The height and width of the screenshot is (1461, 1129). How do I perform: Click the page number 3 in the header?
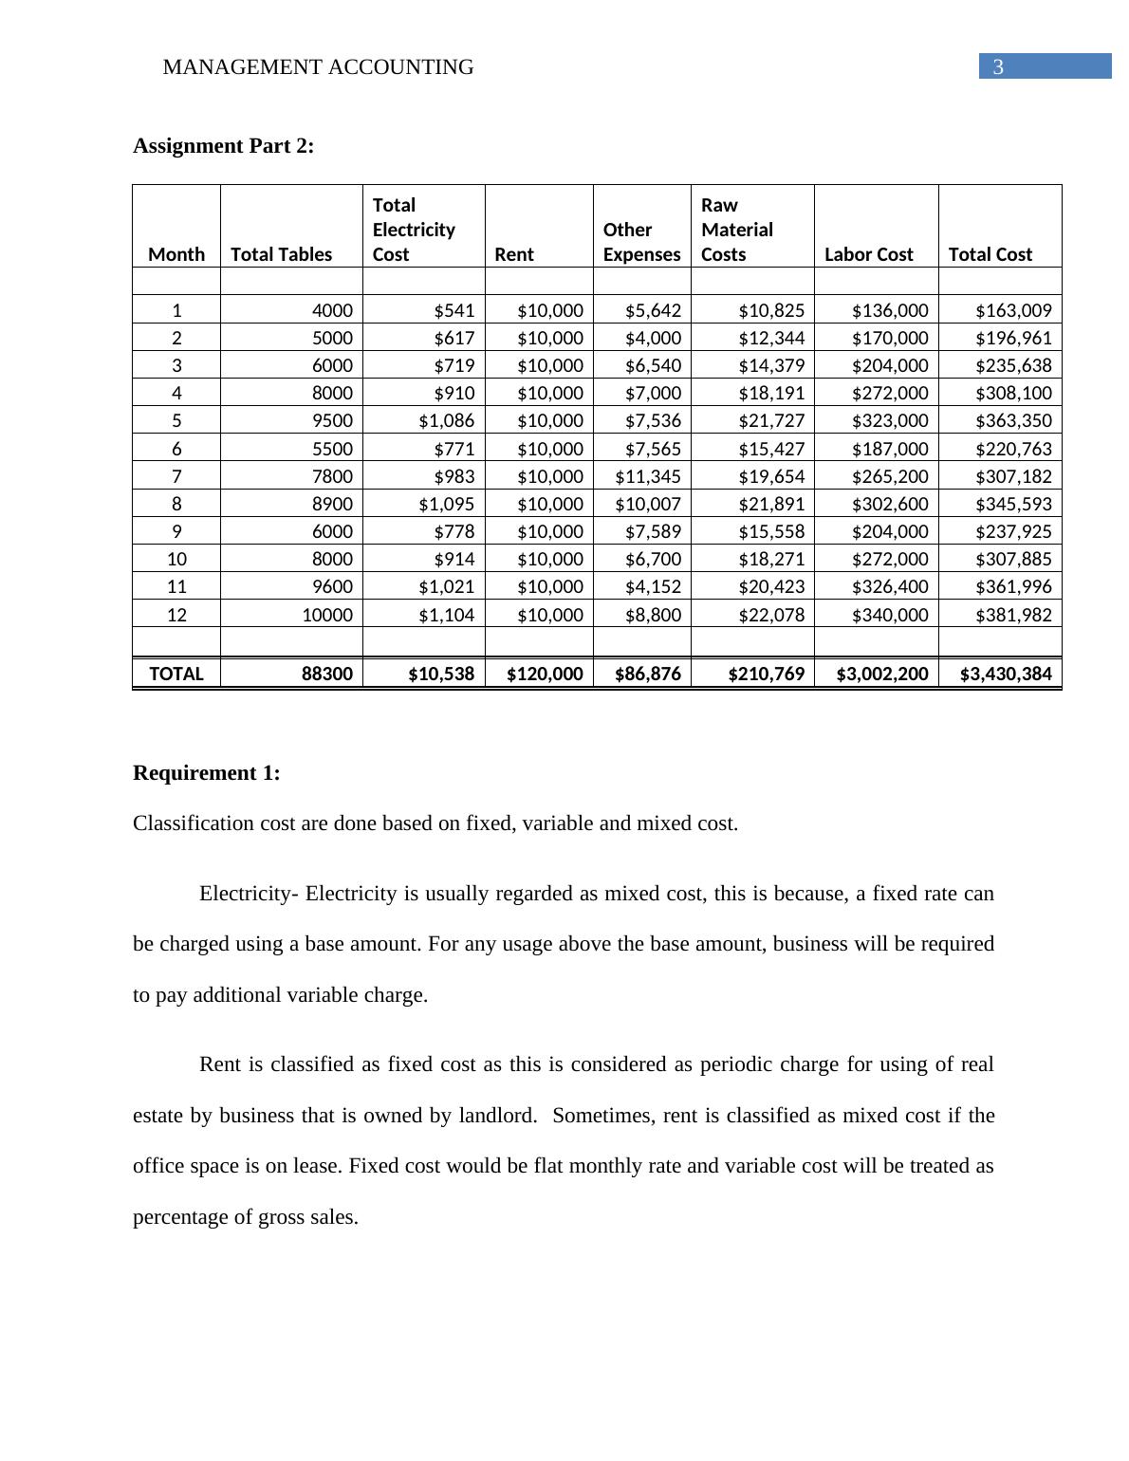click(998, 67)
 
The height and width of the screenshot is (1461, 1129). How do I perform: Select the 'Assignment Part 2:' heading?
click(223, 146)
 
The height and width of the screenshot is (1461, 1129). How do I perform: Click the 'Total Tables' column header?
click(282, 254)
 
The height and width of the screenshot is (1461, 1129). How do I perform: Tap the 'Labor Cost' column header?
click(869, 254)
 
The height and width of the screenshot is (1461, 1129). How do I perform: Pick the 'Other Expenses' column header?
click(641, 243)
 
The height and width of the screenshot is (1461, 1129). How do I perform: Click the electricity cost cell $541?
click(453, 310)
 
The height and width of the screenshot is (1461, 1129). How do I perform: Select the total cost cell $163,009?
click(1013, 310)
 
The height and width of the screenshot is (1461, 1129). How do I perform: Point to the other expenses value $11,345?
click(648, 476)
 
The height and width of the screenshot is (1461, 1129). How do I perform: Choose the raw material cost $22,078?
click(771, 615)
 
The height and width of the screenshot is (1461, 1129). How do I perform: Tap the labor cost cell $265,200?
click(890, 476)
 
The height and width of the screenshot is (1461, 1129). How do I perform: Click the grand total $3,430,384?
click(1006, 674)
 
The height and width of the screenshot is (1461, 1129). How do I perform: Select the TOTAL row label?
click(176, 674)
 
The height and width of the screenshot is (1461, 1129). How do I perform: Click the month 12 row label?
click(176, 615)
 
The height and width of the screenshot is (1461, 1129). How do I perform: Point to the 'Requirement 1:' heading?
click(207, 773)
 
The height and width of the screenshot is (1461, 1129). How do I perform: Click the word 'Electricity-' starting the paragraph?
click(250, 894)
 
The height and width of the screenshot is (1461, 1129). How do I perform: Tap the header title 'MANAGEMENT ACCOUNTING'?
click(318, 67)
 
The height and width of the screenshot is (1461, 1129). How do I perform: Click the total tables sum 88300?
click(326, 674)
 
